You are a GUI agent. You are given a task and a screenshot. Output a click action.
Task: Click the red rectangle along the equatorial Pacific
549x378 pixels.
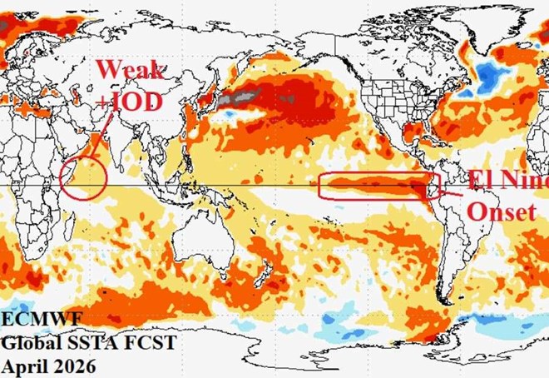[x=378, y=186]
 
